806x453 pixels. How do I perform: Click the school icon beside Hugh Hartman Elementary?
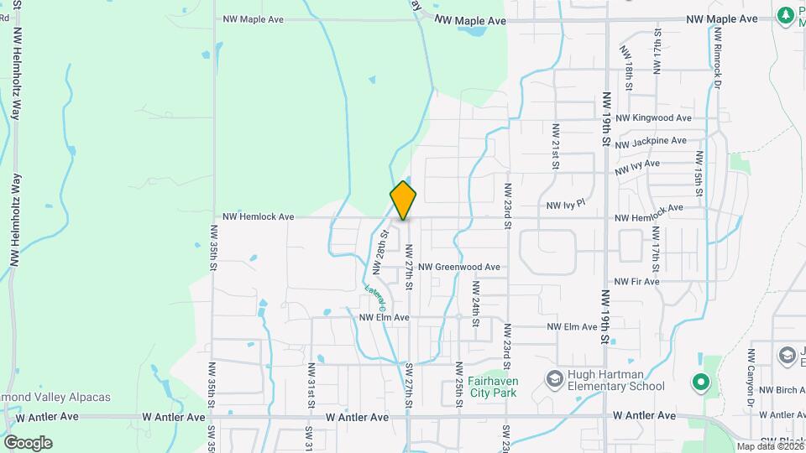coord(554,380)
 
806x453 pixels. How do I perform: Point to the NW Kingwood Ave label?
coord(653,119)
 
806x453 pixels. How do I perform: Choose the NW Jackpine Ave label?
coord(651,142)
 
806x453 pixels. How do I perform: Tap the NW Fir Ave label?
coord(637,282)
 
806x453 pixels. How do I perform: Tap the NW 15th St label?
coord(698,171)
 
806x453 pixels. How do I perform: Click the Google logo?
coord(28,442)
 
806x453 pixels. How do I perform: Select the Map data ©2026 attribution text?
coord(769,446)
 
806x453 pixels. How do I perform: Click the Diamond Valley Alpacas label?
coord(55,398)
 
